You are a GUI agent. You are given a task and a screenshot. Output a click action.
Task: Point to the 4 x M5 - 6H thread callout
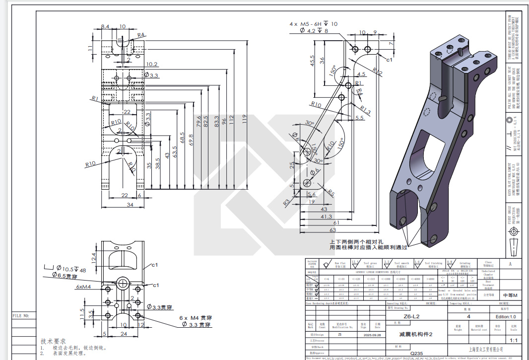(308, 23)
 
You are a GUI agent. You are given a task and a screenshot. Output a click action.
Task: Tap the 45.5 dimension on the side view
(313, 61)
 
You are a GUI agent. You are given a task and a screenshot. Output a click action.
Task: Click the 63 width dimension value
(333, 230)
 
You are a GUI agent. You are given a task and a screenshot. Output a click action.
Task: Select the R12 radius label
(378, 73)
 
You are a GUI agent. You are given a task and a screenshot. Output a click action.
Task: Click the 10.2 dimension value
(152, 64)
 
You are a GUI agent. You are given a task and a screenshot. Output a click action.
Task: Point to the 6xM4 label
(83, 287)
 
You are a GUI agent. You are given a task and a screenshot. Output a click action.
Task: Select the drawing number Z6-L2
(411, 316)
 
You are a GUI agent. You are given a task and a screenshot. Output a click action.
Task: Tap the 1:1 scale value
(513, 341)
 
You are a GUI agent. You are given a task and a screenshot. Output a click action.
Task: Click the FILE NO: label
(20, 315)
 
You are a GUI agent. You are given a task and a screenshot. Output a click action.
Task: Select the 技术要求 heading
(53, 342)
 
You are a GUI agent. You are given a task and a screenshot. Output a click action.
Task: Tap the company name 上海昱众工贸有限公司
(485, 350)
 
